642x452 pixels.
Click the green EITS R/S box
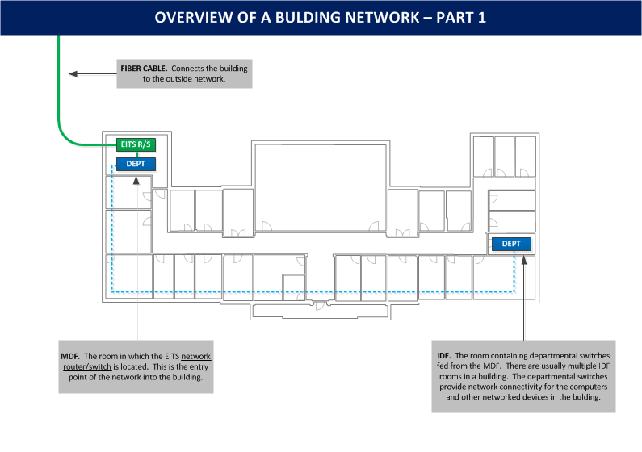[136, 144]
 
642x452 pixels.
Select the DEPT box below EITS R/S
[136, 164]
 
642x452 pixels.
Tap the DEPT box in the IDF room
[511, 244]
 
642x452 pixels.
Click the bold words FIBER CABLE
[144, 69]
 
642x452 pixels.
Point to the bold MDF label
[70, 356]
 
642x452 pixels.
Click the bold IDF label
[444, 355]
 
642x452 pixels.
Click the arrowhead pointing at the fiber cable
[73, 74]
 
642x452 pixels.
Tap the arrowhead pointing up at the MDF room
[136, 180]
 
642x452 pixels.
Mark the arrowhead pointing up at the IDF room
[523, 260]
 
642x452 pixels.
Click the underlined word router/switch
[87, 366]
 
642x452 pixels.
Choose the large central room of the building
[321, 188]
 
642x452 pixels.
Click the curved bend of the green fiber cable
[65, 137]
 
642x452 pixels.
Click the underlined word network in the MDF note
[195, 356]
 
